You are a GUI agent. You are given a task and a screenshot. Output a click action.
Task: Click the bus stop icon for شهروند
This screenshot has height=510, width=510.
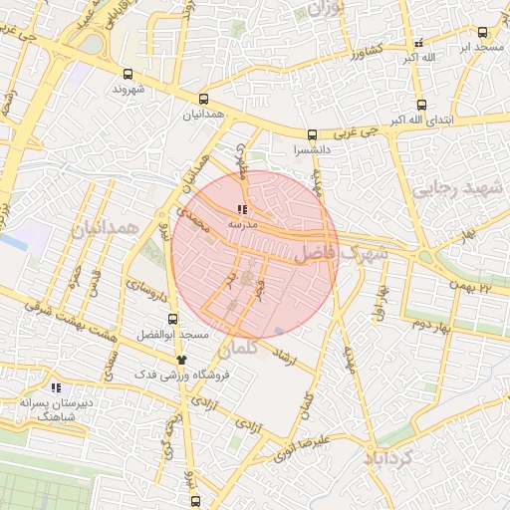pyautogui.click(x=127, y=74)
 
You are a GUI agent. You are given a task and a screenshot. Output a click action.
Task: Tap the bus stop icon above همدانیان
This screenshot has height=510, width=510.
pyautogui.click(x=204, y=100)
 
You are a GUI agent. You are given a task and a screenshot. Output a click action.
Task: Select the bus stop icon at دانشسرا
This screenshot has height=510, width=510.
pyautogui.click(x=312, y=134)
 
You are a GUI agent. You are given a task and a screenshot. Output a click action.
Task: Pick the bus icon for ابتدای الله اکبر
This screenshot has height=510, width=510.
pyautogui.click(x=421, y=105)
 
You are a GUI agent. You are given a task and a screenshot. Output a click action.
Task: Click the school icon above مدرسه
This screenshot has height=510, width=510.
pyautogui.click(x=241, y=209)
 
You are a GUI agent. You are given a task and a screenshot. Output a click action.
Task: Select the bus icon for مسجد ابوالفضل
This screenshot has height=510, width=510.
pyautogui.click(x=173, y=320)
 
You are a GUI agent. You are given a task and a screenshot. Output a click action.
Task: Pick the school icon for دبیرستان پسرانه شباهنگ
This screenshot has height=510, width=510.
pyautogui.click(x=55, y=386)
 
